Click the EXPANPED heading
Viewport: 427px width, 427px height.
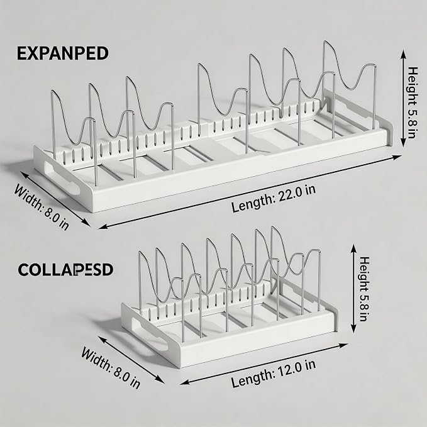[x=63, y=53]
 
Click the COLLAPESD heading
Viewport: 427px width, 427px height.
[x=65, y=270]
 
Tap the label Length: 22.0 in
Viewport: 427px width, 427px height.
[x=274, y=198]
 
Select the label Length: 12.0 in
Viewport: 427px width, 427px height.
[x=274, y=374]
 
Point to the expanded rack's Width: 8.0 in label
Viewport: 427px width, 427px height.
[x=42, y=207]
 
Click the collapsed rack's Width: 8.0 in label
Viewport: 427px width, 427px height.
[x=111, y=368]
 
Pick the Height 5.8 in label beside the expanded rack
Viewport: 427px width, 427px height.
[x=412, y=103]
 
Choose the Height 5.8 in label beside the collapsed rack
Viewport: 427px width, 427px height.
[x=364, y=289]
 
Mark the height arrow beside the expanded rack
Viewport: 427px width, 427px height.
[x=403, y=99]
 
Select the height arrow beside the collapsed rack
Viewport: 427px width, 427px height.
[x=353, y=289]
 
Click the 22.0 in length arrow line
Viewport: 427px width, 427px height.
[x=250, y=192]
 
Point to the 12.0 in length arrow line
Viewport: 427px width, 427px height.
[x=264, y=364]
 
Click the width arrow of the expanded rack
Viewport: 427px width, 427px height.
[x=55, y=199]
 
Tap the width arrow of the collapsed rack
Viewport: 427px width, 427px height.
[x=131, y=360]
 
